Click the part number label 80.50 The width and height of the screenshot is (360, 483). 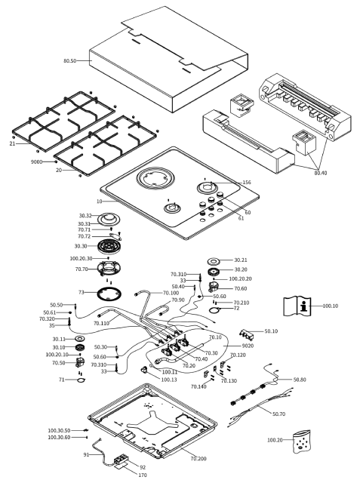[x=70, y=60]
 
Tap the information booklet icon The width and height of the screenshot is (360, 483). [x=297, y=306]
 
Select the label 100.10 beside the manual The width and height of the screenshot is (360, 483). [x=330, y=306]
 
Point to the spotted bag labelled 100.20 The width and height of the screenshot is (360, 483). [x=301, y=441]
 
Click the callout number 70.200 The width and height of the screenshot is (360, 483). [x=198, y=459]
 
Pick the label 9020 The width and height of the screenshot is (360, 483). [x=248, y=346]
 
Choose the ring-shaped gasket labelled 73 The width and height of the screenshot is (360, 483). [x=109, y=294]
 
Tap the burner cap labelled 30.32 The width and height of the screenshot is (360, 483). [x=109, y=218]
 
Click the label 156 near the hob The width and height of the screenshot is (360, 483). [x=247, y=183]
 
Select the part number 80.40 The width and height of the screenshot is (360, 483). [x=321, y=173]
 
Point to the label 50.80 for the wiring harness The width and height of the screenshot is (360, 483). [x=300, y=380]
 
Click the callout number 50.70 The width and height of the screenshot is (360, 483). [x=278, y=414]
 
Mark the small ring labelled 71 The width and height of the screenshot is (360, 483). [x=82, y=380]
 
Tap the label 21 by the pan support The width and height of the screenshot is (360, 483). [x=12, y=143]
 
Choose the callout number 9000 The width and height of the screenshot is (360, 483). [x=36, y=162]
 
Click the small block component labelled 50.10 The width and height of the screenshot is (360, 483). [x=247, y=334]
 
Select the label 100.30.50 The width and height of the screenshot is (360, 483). [x=59, y=430]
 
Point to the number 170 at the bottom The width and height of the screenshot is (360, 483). [x=143, y=475]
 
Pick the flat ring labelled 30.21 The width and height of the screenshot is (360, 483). [x=214, y=261]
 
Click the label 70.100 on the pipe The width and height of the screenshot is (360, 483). [x=171, y=293]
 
